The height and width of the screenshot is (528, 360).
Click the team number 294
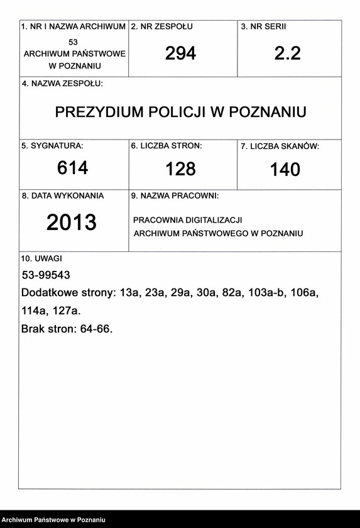click(x=181, y=53)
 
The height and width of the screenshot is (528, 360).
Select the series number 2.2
click(x=288, y=53)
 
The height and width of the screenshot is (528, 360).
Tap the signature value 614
click(x=73, y=168)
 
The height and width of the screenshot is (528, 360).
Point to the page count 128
click(x=181, y=168)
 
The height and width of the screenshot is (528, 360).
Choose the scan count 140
click(x=285, y=169)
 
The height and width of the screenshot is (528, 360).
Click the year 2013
click(x=72, y=222)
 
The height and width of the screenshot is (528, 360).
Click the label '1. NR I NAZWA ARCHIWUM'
click(x=74, y=27)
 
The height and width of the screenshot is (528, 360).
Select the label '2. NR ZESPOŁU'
click(x=161, y=27)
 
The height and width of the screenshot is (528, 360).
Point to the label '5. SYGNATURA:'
click(x=52, y=146)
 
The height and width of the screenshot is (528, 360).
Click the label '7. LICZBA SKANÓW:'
click(x=280, y=146)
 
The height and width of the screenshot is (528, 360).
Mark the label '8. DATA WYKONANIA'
click(x=63, y=196)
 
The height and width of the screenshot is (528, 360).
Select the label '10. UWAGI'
click(x=42, y=258)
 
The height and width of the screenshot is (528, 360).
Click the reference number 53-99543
click(x=45, y=275)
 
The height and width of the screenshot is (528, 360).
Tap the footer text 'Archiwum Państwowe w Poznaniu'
click(x=53, y=520)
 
